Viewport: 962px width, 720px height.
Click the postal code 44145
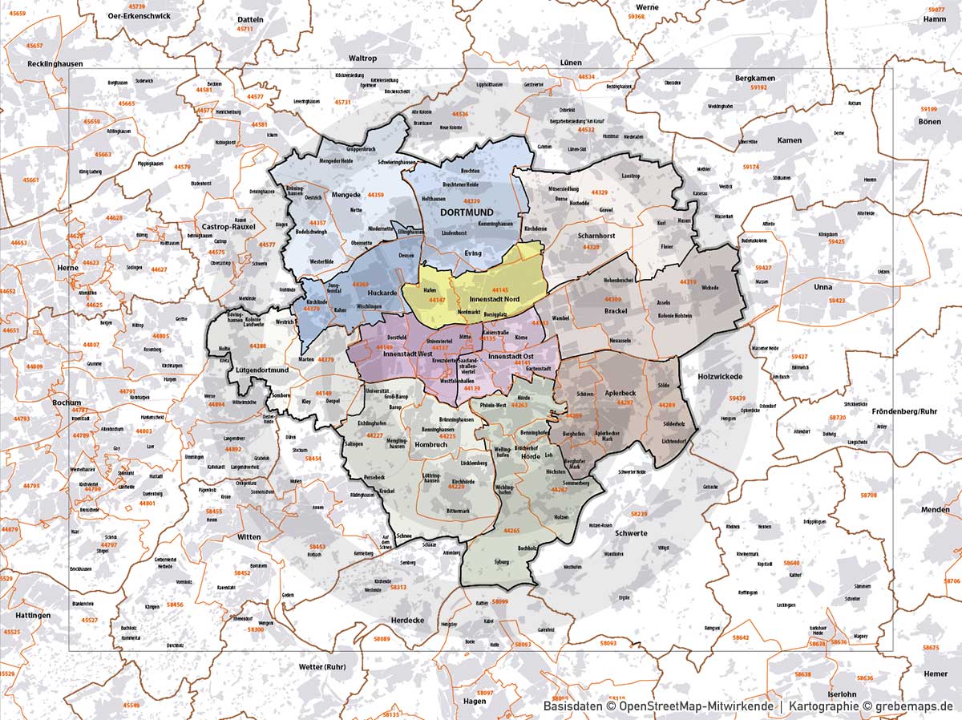pos(500,289)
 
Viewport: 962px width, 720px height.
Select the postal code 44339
pos(471,201)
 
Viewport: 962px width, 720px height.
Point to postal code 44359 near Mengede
pos(375,195)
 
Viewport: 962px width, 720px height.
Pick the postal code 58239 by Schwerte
pos(639,513)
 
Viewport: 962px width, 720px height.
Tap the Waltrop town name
pos(362,59)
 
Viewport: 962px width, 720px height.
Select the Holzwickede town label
pos(721,376)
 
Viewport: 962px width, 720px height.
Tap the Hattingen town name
pos(32,616)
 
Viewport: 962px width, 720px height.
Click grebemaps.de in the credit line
pos(914,706)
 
